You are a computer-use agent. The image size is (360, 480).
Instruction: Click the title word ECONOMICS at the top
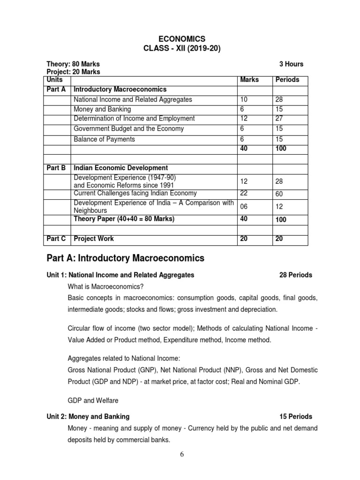coord(180,39)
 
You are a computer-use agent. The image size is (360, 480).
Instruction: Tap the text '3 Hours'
coord(291,64)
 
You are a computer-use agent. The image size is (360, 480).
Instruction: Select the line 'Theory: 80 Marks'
coord(73,64)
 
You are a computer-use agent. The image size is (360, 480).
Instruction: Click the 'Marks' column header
coord(249,80)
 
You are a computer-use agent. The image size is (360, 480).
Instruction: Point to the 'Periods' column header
coord(287,80)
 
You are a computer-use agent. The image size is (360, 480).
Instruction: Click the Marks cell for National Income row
coord(244,99)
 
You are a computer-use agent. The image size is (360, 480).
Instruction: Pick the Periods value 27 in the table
coord(280,118)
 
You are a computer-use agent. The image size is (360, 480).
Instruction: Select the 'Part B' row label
coord(56,168)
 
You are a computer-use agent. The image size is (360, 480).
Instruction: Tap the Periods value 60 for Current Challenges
coord(280,194)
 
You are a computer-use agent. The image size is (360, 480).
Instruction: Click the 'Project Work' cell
coord(94,239)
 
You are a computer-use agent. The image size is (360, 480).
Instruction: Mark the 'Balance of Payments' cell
coord(104,139)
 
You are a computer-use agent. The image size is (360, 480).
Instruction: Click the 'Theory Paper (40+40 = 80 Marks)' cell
coord(124,219)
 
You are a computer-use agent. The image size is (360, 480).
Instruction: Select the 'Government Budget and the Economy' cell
coord(128,128)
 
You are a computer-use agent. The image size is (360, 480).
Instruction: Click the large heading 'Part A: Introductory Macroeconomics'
coord(126,258)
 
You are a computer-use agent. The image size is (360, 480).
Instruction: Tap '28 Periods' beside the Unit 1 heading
coord(296,275)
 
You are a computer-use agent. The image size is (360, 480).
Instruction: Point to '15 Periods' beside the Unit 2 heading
coord(296,416)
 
